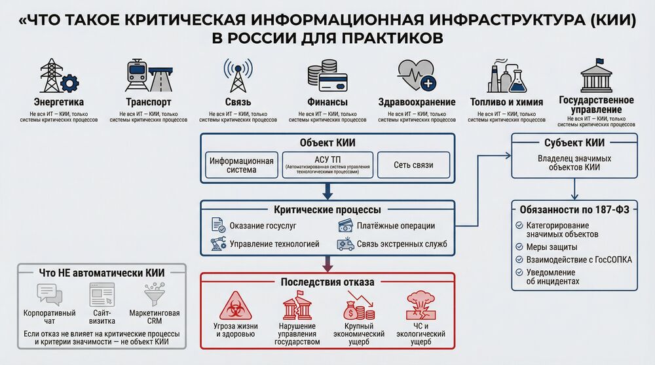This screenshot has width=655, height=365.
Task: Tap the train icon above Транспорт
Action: (x=148, y=76)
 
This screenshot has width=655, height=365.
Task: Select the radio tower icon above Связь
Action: (x=237, y=75)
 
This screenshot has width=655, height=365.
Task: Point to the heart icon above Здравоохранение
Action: (x=417, y=76)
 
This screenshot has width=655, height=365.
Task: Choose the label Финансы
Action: (x=327, y=102)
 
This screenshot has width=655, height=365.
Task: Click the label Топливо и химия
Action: (x=506, y=102)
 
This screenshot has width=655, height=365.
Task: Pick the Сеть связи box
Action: (x=414, y=165)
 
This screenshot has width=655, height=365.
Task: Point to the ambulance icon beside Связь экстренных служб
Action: (x=345, y=244)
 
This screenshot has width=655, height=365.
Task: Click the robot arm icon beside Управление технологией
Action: (x=217, y=244)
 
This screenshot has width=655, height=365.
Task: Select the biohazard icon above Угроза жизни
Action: (x=235, y=306)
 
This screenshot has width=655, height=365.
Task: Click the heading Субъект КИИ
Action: (x=574, y=143)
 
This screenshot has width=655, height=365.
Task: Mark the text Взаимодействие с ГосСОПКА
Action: (x=579, y=260)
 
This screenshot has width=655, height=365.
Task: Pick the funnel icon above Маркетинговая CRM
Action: (x=155, y=294)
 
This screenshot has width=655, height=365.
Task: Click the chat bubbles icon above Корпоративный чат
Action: (x=50, y=294)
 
